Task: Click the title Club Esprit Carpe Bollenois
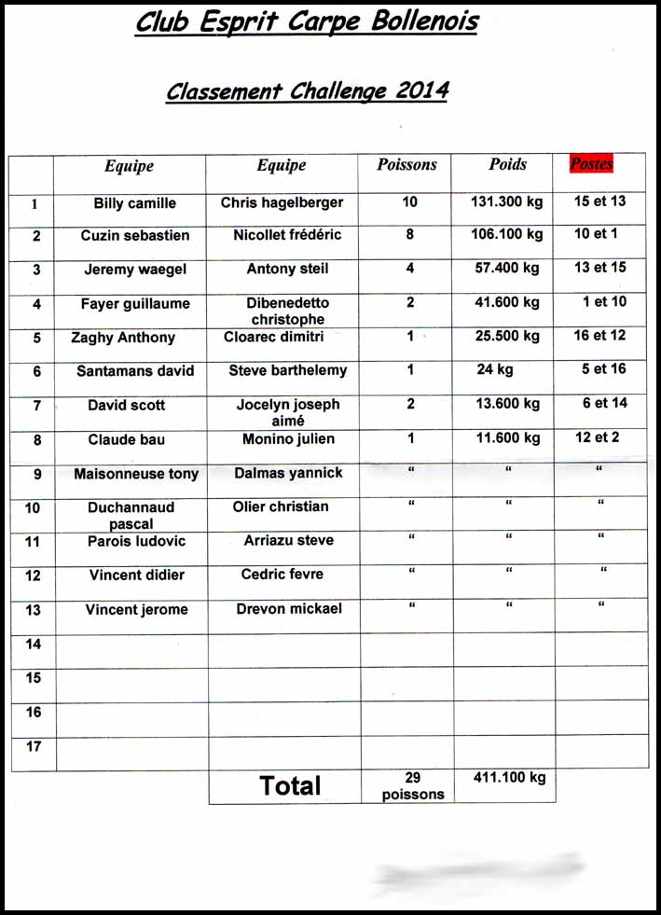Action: coord(306,22)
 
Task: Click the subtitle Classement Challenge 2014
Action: coord(307,91)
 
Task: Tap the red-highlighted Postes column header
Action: coord(591,164)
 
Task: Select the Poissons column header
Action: coord(406,165)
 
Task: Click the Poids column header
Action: coord(507,164)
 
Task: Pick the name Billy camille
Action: coord(134,203)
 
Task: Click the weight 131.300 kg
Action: coord(507,201)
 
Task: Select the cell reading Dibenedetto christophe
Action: coord(288,312)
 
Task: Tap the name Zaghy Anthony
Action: coord(123,338)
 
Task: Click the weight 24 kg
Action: coord(495,369)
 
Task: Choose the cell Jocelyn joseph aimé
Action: coord(288,412)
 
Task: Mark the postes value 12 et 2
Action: coord(597,437)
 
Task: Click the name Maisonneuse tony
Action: coord(136,474)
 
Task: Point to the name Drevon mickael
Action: coord(289,609)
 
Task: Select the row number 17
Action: coord(34,746)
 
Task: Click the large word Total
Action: coord(291,785)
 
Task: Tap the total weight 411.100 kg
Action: coord(508,778)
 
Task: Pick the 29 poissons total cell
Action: coord(412,786)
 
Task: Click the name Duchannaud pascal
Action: coord(131,516)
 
